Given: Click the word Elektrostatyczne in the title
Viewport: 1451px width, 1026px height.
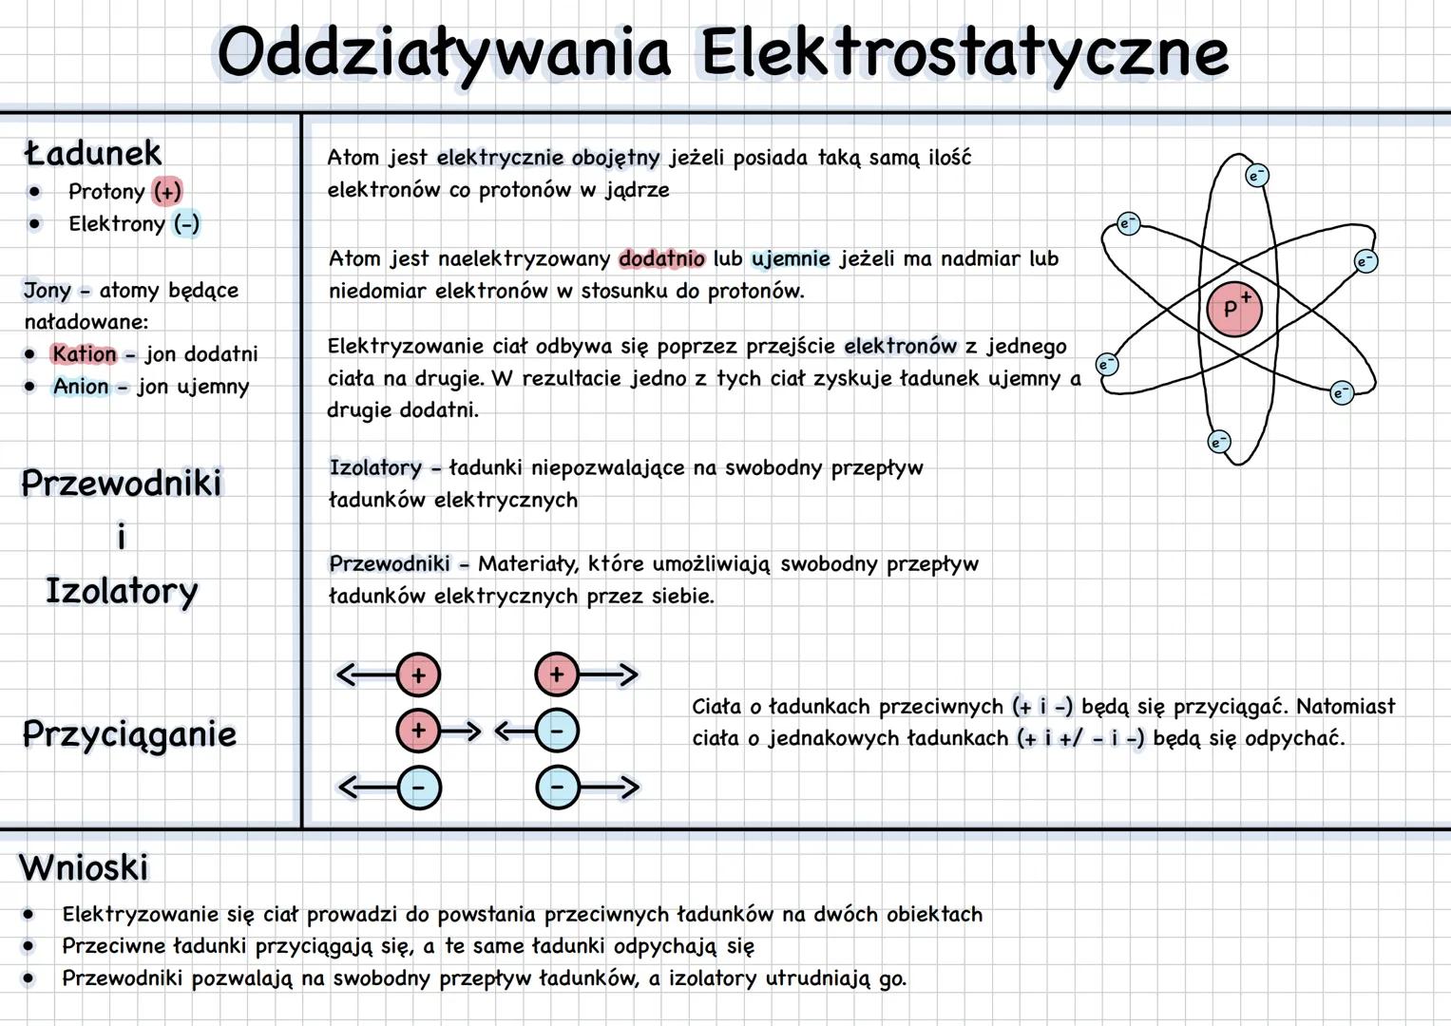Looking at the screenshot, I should (x=964, y=53).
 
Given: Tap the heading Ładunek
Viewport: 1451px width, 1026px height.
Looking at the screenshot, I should (x=93, y=153).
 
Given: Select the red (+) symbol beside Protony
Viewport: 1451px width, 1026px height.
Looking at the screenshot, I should (x=167, y=192).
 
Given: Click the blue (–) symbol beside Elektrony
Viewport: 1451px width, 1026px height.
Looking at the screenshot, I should (x=186, y=224).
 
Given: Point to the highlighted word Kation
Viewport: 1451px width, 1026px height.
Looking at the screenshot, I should (x=84, y=354).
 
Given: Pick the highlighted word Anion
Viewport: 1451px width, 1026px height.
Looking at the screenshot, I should (x=81, y=387).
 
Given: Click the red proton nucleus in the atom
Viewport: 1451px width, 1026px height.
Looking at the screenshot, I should (x=1233, y=309).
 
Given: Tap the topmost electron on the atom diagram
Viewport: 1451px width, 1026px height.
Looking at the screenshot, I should (x=1256, y=176).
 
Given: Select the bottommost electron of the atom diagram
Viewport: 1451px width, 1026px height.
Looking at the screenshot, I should (x=1218, y=442).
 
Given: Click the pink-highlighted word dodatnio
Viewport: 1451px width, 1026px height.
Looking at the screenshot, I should (x=661, y=259).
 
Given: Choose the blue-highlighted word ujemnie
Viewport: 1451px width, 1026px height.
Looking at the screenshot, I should (x=791, y=259).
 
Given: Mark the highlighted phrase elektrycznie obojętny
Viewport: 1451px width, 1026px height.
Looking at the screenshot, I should (x=548, y=158).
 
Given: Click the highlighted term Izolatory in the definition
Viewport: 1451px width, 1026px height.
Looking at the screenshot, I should (x=375, y=467).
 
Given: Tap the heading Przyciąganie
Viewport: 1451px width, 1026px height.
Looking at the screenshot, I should (x=129, y=734).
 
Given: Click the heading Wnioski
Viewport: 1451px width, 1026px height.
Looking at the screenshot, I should (x=84, y=867).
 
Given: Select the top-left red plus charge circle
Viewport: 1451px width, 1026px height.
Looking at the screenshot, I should (x=418, y=675).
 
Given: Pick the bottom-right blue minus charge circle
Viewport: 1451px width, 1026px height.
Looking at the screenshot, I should (x=558, y=788).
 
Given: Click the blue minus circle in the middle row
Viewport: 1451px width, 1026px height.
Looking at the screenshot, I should (x=557, y=731).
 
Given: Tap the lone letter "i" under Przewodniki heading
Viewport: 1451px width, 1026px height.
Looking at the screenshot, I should (x=121, y=537).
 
